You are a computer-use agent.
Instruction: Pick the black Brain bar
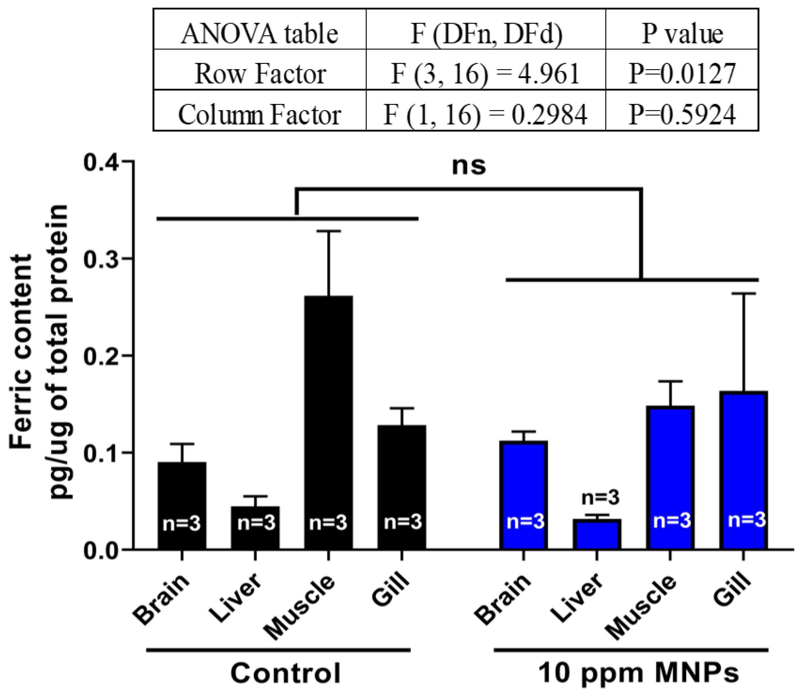pos(182,505)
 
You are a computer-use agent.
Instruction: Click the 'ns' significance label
pos(469,166)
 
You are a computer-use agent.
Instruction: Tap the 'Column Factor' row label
pos(260,115)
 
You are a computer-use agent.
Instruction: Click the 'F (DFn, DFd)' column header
pos(486,34)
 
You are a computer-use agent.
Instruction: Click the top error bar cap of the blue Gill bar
pos(743,294)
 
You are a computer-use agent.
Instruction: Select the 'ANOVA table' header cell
pos(260,34)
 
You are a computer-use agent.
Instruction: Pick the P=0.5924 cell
pos(682,115)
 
